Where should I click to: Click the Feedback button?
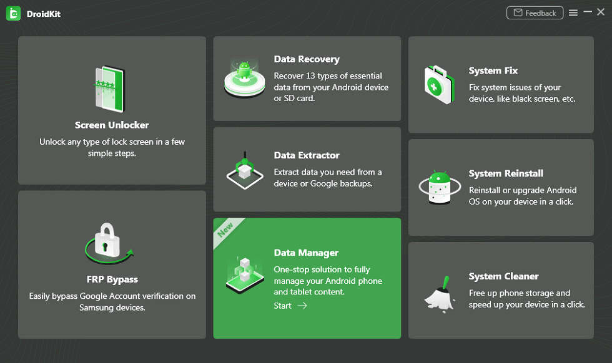535,12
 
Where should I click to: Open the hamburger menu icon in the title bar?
573,12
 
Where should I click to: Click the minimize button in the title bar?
588,12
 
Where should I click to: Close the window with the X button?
601,12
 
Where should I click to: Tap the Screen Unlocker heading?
112,125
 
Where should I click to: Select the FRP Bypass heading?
112,279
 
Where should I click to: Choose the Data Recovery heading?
307,59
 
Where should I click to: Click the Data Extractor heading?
307,155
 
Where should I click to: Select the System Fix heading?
493,70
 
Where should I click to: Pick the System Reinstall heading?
506,173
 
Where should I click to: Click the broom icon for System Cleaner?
440,291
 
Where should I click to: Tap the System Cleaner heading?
503,276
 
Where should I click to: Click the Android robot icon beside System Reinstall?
439,186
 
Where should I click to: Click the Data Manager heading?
306,253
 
